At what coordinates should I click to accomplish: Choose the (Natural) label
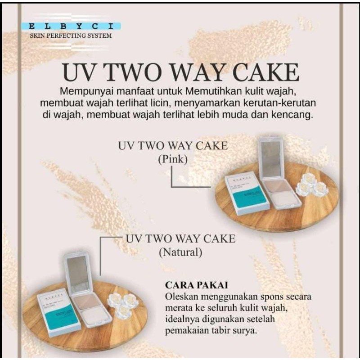pos(180,252)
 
